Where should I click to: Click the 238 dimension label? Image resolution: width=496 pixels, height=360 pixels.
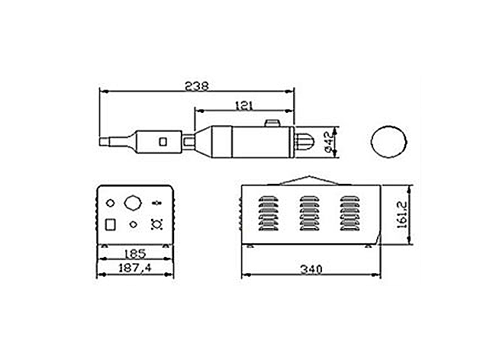[x=196, y=86]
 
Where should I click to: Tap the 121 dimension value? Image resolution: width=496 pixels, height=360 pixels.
[x=244, y=105]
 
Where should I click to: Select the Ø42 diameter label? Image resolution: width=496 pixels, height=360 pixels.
[x=329, y=142]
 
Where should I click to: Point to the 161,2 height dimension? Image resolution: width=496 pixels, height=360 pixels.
[x=401, y=215]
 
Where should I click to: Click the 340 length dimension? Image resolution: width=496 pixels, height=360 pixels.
[x=311, y=269]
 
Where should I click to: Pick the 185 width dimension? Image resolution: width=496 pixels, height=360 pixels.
[x=135, y=253]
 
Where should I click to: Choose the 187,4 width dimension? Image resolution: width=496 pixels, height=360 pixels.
[x=135, y=268]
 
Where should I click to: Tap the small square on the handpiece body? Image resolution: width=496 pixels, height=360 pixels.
[x=163, y=142]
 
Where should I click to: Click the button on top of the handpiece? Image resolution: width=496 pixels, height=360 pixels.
[x=272, y=123]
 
